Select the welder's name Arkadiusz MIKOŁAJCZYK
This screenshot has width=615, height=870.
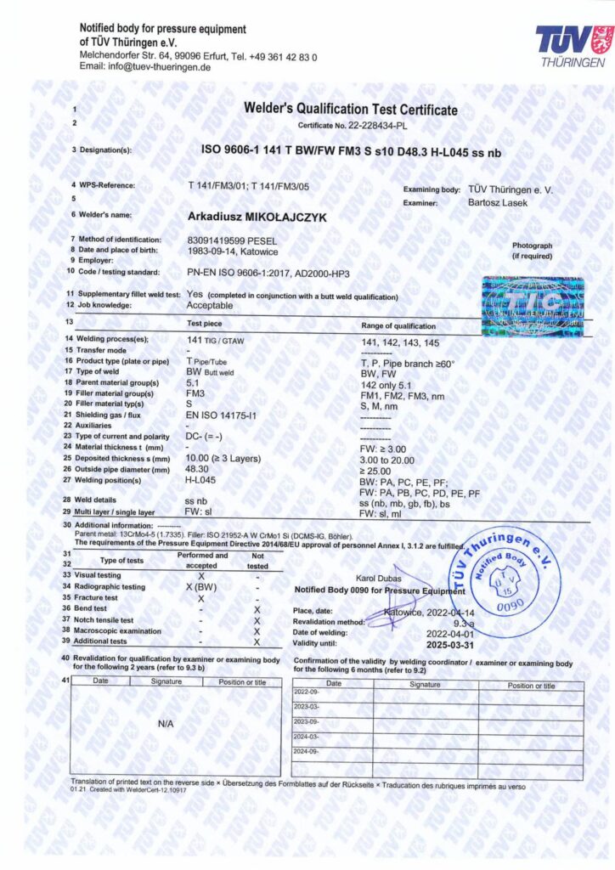click(256, 217)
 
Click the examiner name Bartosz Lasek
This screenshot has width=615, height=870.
click(499, 202)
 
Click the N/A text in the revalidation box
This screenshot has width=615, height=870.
click(166, 723)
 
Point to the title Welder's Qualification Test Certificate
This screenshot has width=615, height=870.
click(350, 110)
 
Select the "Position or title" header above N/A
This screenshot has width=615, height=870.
click(242, 681)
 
